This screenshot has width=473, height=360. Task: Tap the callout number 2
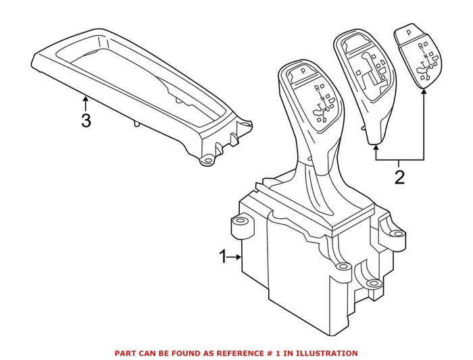(399, 178)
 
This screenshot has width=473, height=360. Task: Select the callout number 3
(85, 121)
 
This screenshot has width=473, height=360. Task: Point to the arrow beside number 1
(236, 257)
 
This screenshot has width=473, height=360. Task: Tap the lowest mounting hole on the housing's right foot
(371, 284)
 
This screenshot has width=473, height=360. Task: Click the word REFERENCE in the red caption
(253, 353)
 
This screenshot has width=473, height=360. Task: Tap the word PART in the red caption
(126, 353)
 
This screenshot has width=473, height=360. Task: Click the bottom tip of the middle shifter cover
(374, 144)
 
